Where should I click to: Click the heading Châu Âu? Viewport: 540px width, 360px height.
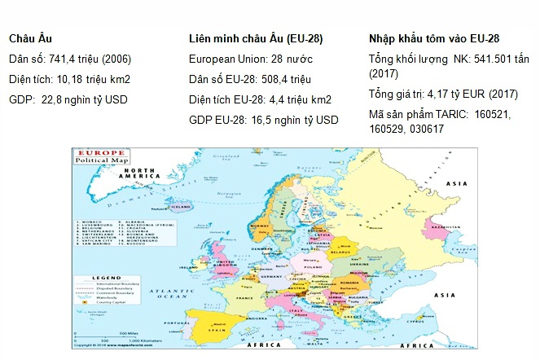coord(31,38)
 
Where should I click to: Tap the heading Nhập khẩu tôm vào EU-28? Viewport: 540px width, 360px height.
coord(434,38)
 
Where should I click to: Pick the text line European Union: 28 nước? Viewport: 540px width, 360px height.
coord(250,59)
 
